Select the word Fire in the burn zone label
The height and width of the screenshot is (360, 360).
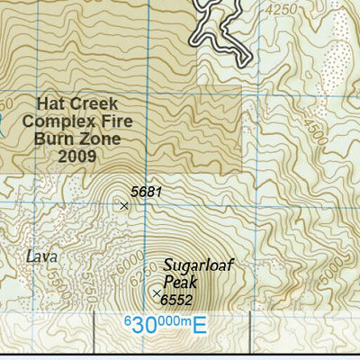112,121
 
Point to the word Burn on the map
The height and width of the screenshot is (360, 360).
52,139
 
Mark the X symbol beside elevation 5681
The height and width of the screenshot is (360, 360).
124,206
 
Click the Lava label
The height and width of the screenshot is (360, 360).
41,257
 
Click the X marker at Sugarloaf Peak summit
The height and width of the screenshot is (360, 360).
157,293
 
